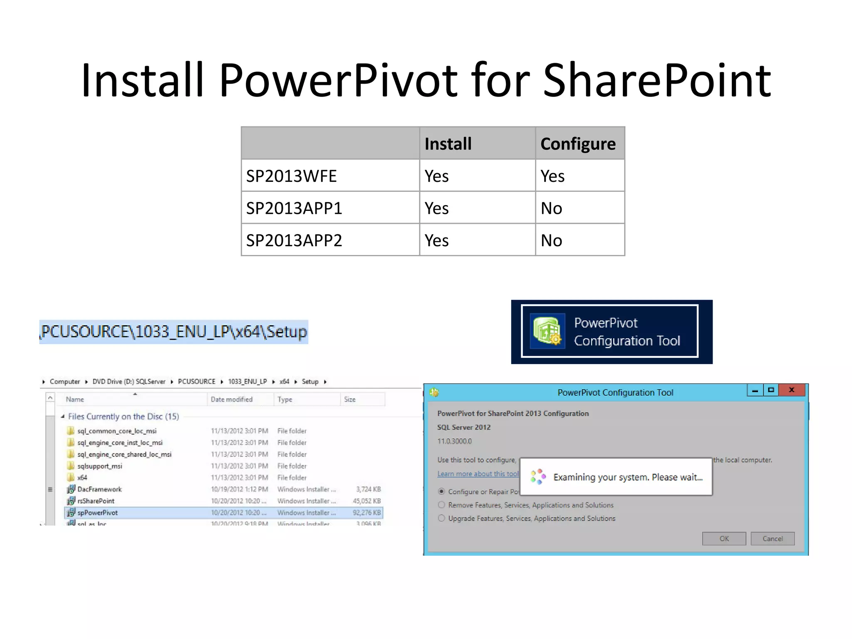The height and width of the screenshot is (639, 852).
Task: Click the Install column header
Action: click(448, 144)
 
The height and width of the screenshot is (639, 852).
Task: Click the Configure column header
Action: click(578, 144)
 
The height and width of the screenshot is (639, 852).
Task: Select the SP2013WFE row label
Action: click(291, 176)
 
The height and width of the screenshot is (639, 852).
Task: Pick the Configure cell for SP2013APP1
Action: click(552, 208)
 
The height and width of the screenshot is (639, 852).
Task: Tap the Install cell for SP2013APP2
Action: click(436, 240)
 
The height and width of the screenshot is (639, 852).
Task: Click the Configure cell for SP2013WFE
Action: click(552, 176)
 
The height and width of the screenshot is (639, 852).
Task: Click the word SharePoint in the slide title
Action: click(657, 80)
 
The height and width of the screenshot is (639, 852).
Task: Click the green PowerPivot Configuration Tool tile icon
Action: click(547, 331)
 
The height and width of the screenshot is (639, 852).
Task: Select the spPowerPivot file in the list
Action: click(98, 513)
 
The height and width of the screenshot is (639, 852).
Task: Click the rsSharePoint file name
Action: click(96, 501)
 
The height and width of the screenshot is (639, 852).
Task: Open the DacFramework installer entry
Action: click(99, 489)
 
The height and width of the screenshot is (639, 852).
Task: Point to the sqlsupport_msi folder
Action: click(99, 466)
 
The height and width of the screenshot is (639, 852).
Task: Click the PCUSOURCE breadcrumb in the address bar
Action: click(196, 381)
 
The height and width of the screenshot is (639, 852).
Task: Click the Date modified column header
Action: click(231, 399)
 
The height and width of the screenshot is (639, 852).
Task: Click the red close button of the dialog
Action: click(792, 390)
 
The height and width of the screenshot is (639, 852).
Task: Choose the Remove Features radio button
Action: click(441, 505)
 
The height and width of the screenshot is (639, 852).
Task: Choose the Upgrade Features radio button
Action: click(441, 518)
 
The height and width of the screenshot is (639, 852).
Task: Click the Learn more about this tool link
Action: click(478, 474)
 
